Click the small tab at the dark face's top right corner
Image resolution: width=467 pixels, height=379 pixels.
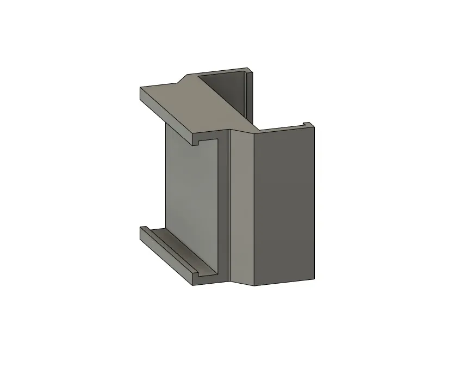[x=308, y=125]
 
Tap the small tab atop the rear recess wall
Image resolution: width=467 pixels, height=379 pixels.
[x=249, y=70]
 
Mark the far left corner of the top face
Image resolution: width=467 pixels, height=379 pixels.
[x=140, y=88]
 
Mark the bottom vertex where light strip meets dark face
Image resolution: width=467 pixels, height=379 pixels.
[x=254, y=285]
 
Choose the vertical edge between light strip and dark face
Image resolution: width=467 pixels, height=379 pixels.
[x=254, y=207]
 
